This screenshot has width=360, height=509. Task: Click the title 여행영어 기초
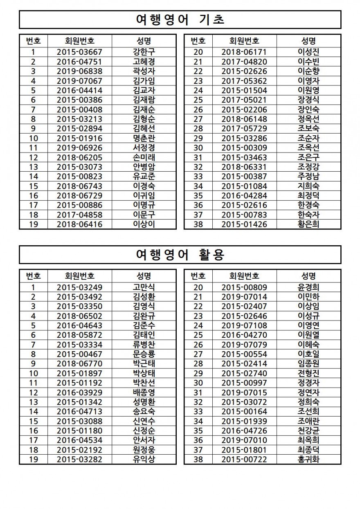pos(180,20)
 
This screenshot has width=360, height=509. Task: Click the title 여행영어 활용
pos(180,254)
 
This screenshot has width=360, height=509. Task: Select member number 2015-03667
pos(79,52)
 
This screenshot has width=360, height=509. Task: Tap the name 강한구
pos(144,52)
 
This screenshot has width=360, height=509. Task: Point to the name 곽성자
pos(144,71)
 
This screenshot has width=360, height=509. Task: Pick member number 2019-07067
pos(79,81)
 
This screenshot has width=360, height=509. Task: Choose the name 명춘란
pos(144,138)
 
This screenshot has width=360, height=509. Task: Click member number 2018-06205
pos(79,157)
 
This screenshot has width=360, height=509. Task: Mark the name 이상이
pos(144,224)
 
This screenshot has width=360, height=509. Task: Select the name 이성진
pos(308,52)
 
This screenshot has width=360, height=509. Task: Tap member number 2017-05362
pos(244,81)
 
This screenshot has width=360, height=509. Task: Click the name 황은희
pos(308,224)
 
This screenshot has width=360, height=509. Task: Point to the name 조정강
pos(308,167)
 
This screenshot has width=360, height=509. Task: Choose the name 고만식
pos(144,287)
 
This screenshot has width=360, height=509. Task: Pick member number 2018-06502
pos(79,316)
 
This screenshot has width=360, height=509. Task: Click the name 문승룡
pos(144,354)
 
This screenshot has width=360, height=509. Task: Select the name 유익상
pos(144,459)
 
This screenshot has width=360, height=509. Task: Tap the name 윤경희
pos(308,287)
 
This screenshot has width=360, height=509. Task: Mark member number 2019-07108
pos(244,325)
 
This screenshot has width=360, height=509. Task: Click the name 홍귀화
pos(308,459)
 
